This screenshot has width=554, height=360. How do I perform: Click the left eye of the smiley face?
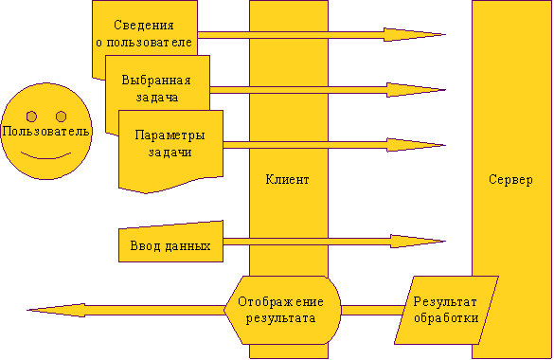[31, 117]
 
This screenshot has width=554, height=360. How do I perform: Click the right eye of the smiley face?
[62, 117]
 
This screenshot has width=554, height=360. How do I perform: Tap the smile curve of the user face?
[46, 155]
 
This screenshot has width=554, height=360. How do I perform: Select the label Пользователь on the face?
[46, 132]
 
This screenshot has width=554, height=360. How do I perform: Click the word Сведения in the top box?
[144, 26]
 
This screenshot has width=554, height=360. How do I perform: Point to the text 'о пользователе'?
[144, 43]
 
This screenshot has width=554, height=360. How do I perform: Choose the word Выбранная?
[156, 81]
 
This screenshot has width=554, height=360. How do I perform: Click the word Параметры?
[170, 135]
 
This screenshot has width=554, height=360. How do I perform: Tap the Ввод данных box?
[170, 242]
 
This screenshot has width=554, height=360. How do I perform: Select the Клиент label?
[287, 179]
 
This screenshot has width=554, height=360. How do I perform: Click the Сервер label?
[510, 179]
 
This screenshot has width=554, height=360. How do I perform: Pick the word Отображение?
[280, 302]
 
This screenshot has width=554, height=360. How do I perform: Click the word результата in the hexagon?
[280, 318]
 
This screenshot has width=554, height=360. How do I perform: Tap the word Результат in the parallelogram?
[445, 302]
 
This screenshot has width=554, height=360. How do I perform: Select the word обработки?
[446, 318]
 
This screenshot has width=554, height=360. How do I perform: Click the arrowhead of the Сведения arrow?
[415, 35]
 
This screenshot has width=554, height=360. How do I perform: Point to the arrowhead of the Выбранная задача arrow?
[416, 90]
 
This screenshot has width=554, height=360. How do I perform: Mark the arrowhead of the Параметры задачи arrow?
[416, 145]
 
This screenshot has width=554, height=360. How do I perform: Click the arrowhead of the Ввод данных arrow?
[418, 242]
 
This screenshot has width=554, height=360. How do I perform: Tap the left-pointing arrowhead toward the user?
[56, 310]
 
